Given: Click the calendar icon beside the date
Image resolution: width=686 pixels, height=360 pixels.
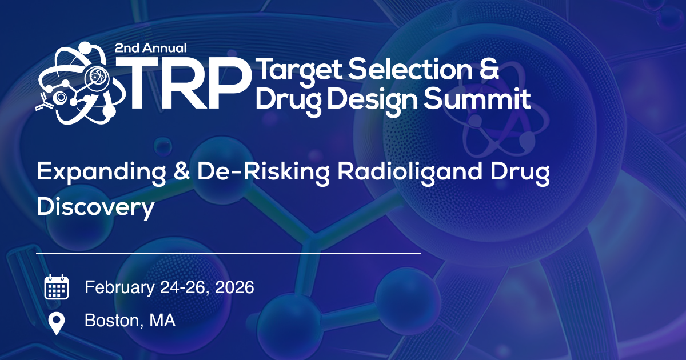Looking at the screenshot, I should [x=57, y=287].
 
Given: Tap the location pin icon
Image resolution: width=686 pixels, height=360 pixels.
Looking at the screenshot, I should [x=56, y=323].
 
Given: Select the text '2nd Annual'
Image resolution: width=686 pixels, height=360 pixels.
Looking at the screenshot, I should [x=151, y=49].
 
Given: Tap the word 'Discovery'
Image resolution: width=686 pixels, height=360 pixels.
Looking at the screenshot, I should [x=95, y=207].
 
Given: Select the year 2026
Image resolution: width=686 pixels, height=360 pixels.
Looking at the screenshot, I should [x=233, y=287].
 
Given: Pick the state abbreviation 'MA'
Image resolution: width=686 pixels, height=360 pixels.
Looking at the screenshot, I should [x=162, y=321].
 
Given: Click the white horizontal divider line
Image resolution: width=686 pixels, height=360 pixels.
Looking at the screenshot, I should [x=229, y=252].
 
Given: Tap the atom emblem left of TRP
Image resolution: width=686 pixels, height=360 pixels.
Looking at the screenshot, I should [x=74, y=83].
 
